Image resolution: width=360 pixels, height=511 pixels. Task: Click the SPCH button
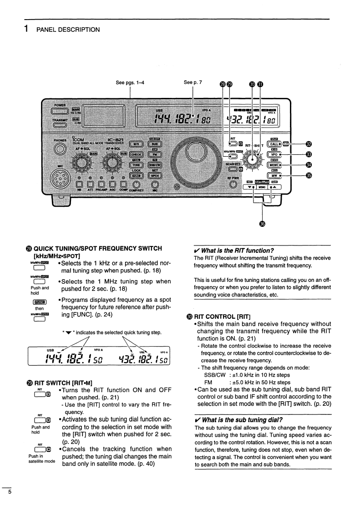pyautogui.click(x=155, y=176)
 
